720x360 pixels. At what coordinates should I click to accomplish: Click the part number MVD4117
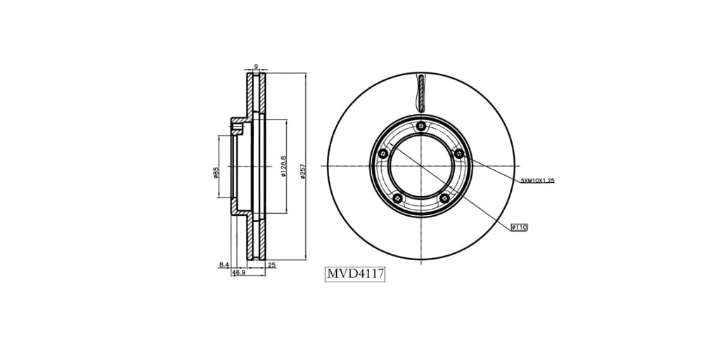coord(355,274)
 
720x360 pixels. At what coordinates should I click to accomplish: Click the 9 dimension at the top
coord(256,67)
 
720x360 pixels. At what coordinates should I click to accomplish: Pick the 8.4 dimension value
coord(224,264)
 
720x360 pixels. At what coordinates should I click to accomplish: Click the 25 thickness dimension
coord(271,264)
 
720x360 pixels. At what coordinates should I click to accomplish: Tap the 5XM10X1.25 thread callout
coord(538,181)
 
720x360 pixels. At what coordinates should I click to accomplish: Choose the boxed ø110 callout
coord(520,227)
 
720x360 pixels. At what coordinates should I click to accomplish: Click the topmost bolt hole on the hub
coord(420,126)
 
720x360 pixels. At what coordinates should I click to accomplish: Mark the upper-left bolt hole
coord(382,154)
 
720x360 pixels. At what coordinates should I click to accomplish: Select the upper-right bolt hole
coord(458,153)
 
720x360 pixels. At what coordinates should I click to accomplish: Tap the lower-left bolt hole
coord(397,199)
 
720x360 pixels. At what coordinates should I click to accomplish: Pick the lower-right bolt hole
coord(444,199)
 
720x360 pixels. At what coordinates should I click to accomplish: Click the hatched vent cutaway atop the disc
coord(421,92)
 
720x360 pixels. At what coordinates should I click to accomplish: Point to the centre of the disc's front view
coord(420,166)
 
